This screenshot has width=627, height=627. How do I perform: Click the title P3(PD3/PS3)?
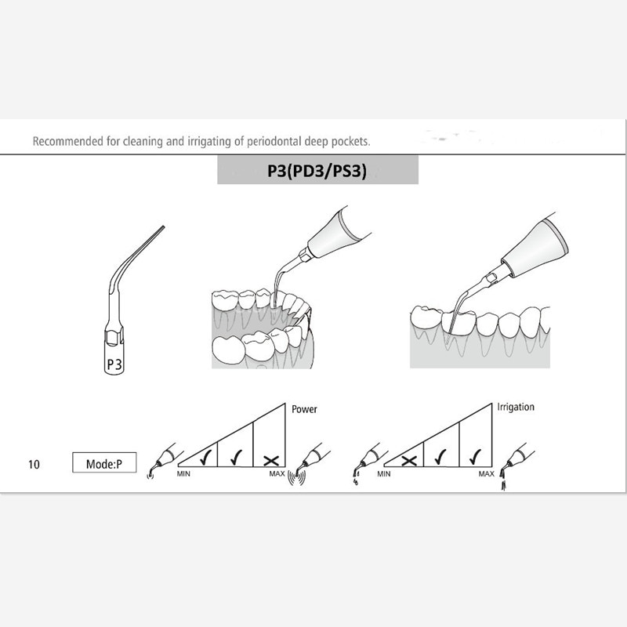click(317, 170)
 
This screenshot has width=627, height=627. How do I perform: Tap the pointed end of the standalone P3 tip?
click(162, 228)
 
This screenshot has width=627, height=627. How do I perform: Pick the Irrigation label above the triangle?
click(516, 408)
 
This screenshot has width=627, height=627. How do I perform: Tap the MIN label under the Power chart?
click(185, 473)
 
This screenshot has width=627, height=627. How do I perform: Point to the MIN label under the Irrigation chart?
click(384, 473)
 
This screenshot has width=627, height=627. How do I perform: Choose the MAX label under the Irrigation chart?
click(486, 473)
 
